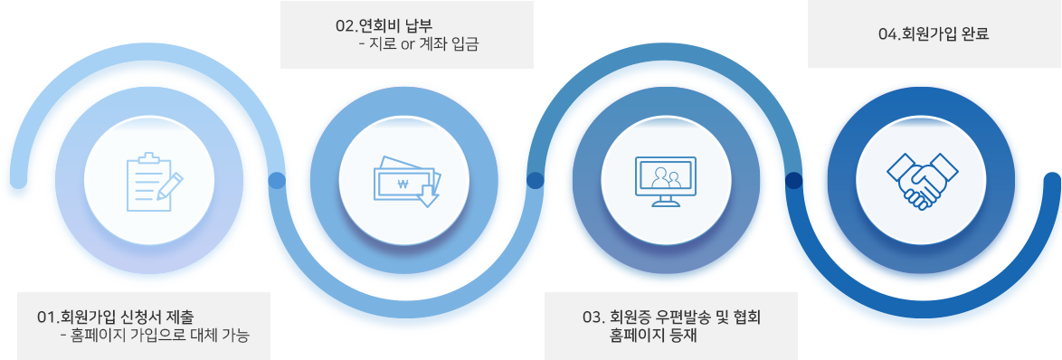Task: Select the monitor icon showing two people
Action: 667,180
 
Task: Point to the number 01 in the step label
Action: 45,317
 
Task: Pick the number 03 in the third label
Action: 593,317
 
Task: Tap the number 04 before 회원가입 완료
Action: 887,34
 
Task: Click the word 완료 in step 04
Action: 975,34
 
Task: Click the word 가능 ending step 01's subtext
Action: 233,335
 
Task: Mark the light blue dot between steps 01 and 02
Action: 278,181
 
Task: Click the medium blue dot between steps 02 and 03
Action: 535,181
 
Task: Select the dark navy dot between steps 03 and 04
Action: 793,181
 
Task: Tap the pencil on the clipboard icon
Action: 168,185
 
